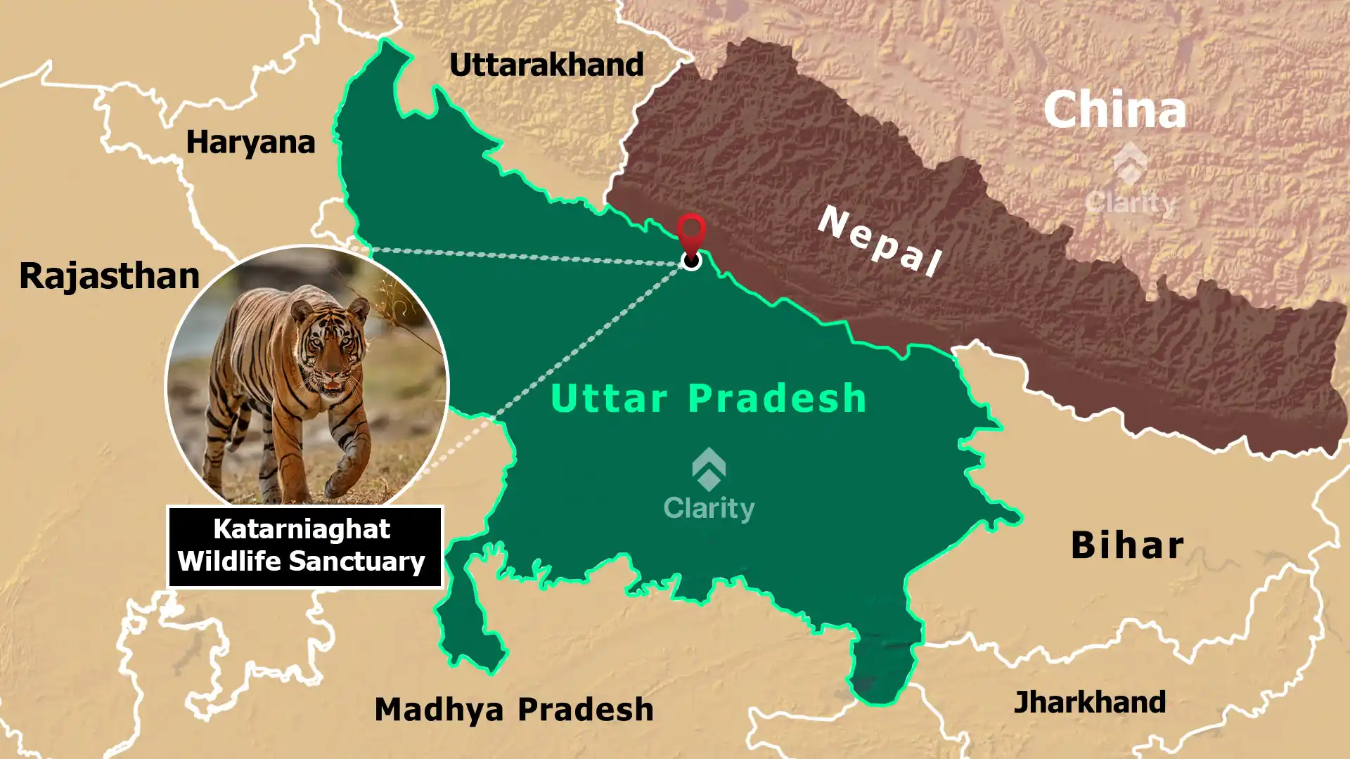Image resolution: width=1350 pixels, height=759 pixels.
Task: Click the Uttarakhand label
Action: [546, 65]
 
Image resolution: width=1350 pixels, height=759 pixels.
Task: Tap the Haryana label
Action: [250, 143]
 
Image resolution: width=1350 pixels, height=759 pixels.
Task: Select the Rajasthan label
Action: [110, 275]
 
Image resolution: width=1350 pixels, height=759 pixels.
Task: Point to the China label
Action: [1114, 110]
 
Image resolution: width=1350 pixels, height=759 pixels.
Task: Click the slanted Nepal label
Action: [880, 241]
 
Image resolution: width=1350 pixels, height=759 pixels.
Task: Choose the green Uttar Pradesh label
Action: [708, 398]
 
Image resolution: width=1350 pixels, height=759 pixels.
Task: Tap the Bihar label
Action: [1127, 545]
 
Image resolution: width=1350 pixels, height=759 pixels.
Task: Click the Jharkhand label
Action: [1089, 702]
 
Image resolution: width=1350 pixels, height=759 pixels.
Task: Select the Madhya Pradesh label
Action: [514, 709]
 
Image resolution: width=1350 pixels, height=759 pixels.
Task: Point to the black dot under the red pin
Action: [692, 261]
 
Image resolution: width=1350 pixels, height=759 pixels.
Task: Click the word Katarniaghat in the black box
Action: [302, 528]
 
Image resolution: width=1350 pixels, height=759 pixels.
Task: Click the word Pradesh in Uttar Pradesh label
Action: [777, 398]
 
